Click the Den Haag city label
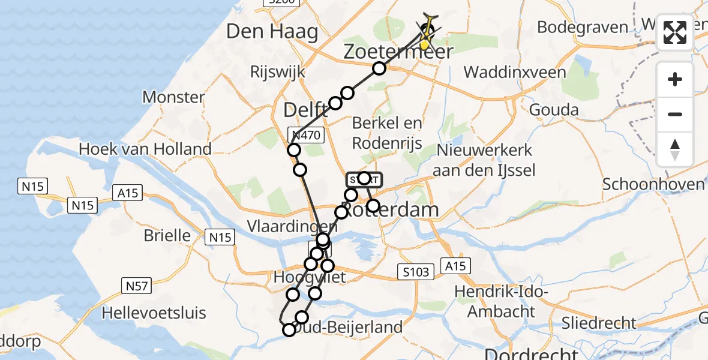click(x=272, y=32)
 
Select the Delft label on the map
click(x=305, y=110)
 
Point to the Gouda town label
click(x=554, y=110)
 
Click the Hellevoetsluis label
click(x=154, y=313)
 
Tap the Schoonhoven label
click(x=653, y=184)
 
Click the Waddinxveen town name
click(x=515, y=73)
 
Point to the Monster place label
click(x=173, y=97)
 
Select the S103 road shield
click(x=416, y=272)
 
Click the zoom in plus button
click(x=675, y=79)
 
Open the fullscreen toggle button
click(x=675, y=32)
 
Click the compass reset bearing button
click(x=675, y=149)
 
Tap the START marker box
click(x=363, y=179)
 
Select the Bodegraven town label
click(x=582, y=28)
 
